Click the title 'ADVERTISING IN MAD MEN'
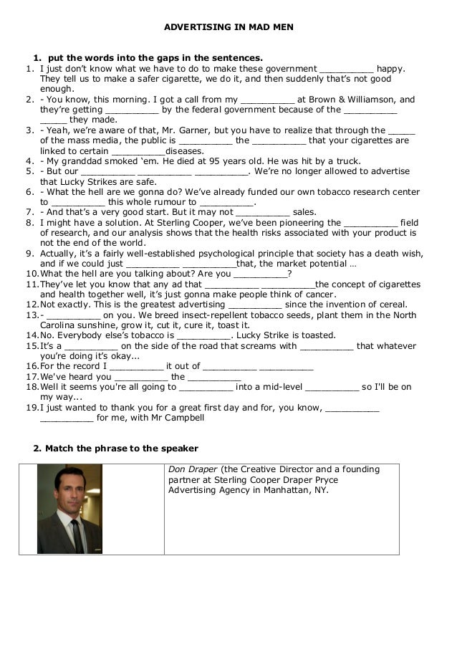point(228,27)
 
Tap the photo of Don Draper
point(69,509)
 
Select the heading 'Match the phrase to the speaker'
point(121,449)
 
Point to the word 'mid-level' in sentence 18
point(281,387)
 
